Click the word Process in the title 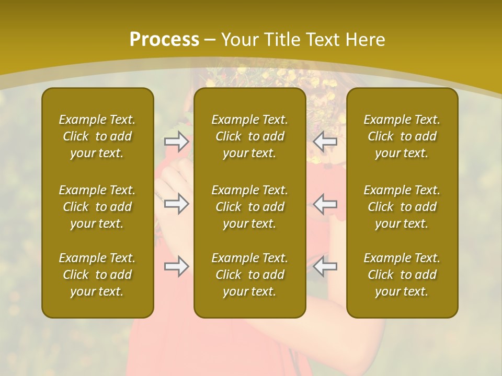click(164, 40)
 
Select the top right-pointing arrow click(176, 141)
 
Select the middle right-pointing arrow click(176, 203)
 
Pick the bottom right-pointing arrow click(176, 266)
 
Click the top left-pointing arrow click(325, 141)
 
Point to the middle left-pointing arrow click(325, 203)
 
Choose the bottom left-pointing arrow click(325, 266)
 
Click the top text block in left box click(97, 136)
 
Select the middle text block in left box click(97, 207)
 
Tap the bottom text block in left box click(97, 275)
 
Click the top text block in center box click(249, 136)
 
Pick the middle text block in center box click(249, 207)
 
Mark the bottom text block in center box click(249, 275)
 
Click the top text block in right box click(402, 136)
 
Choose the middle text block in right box click(402, 207)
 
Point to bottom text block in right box click(402, 275)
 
